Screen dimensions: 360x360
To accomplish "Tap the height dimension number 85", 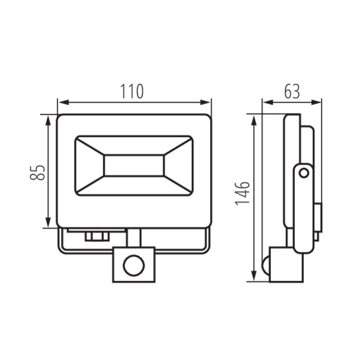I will coord(37,172).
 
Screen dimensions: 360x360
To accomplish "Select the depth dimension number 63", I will coord(291,91).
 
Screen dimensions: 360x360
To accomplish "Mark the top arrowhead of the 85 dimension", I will coord(47,119).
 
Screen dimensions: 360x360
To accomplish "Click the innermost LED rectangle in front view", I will coord(134,166).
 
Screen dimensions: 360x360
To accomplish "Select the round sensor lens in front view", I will coord(133,263).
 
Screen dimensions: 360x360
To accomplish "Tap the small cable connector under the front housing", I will coord(96,235).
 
